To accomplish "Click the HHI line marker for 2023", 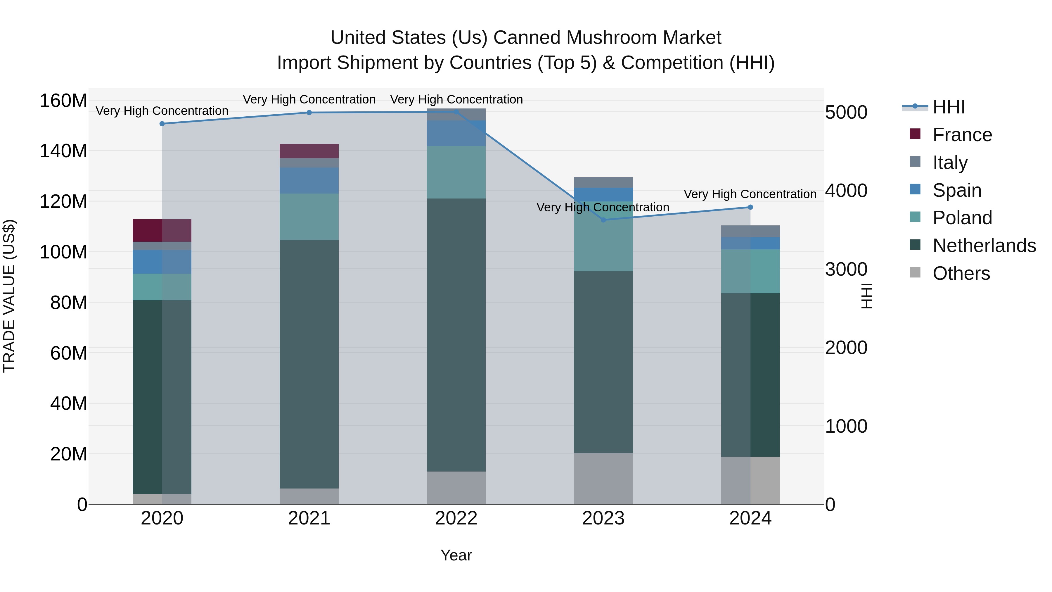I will point(603,220).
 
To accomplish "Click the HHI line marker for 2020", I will point(162,123).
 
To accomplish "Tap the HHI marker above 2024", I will point(750,207).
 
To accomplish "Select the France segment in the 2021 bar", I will point(309,151).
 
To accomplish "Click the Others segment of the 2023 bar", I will point(603,478).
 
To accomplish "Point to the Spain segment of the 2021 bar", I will point(309,180).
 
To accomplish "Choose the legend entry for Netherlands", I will point(984,246).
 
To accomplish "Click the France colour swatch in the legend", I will point(915,134).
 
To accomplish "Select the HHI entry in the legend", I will point(949,107).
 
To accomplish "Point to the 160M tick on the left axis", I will point(63,101).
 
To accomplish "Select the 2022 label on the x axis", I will point(456,518).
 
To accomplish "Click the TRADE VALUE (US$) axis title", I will point(9,296).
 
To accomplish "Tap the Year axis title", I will point(456,555).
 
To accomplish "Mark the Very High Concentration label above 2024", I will point(750,194).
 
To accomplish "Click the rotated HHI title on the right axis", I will point(866,296).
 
